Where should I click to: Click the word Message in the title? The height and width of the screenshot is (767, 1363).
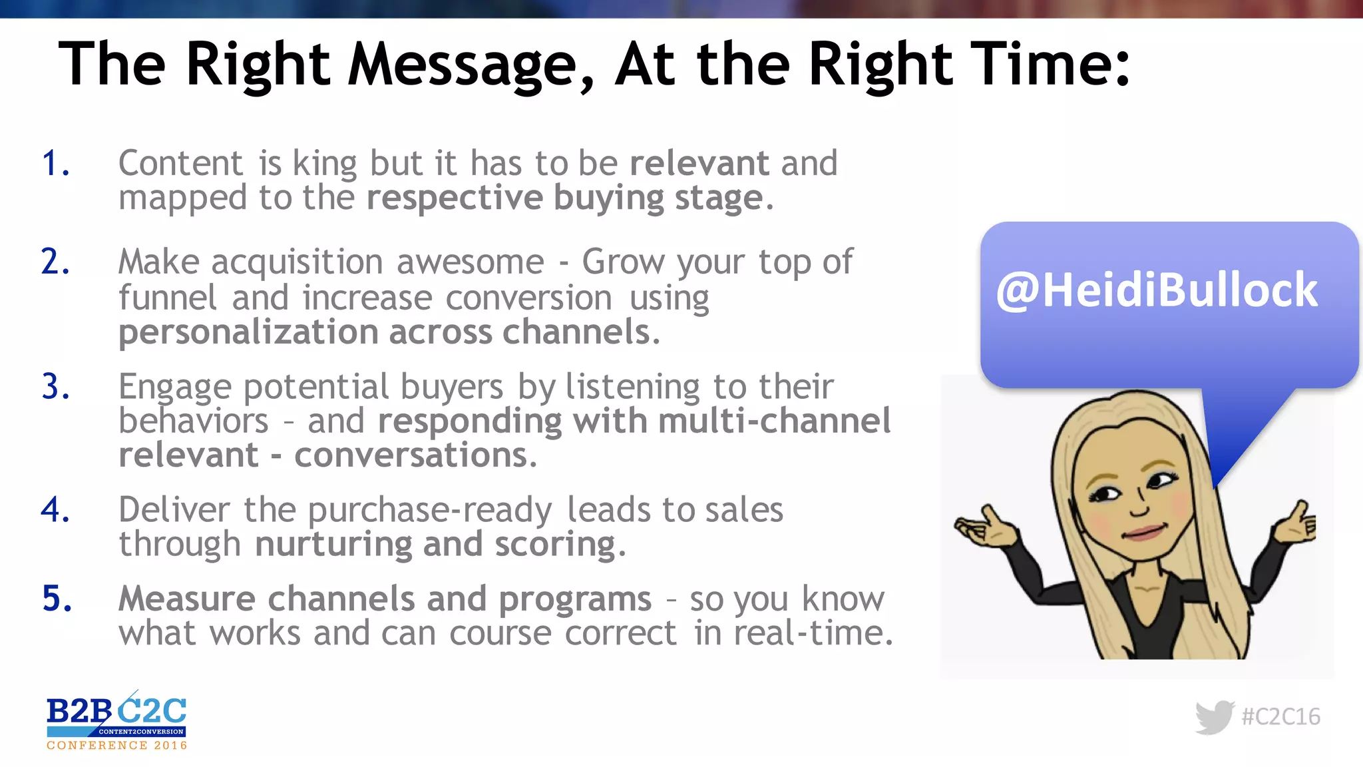[x=463, y=65]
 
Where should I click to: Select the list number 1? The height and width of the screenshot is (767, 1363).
[x=55, y=164]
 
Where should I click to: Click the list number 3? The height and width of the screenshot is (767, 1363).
[x=56, y=387]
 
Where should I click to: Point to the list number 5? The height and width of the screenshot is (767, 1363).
[x=57, y=598]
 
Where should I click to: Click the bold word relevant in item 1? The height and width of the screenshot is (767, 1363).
[x=699, y=163]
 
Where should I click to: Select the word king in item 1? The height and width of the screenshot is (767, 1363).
[x=325, y=164]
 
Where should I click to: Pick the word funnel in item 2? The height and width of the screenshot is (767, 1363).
[x=168, y=297]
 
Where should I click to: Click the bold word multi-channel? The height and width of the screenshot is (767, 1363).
[x=774, y=421]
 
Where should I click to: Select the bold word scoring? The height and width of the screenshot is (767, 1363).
[x=555, y=545]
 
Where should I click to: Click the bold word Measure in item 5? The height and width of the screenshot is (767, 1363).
[x=187, y=598]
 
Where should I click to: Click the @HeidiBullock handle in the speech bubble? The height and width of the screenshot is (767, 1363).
[x=1157, y=291]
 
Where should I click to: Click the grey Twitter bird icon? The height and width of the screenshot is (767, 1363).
[x=1214, y=717]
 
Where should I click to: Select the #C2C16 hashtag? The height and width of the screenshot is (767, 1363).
[x=1280, y=717]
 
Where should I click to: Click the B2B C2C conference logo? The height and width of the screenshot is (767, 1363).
[x=116, y=721]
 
